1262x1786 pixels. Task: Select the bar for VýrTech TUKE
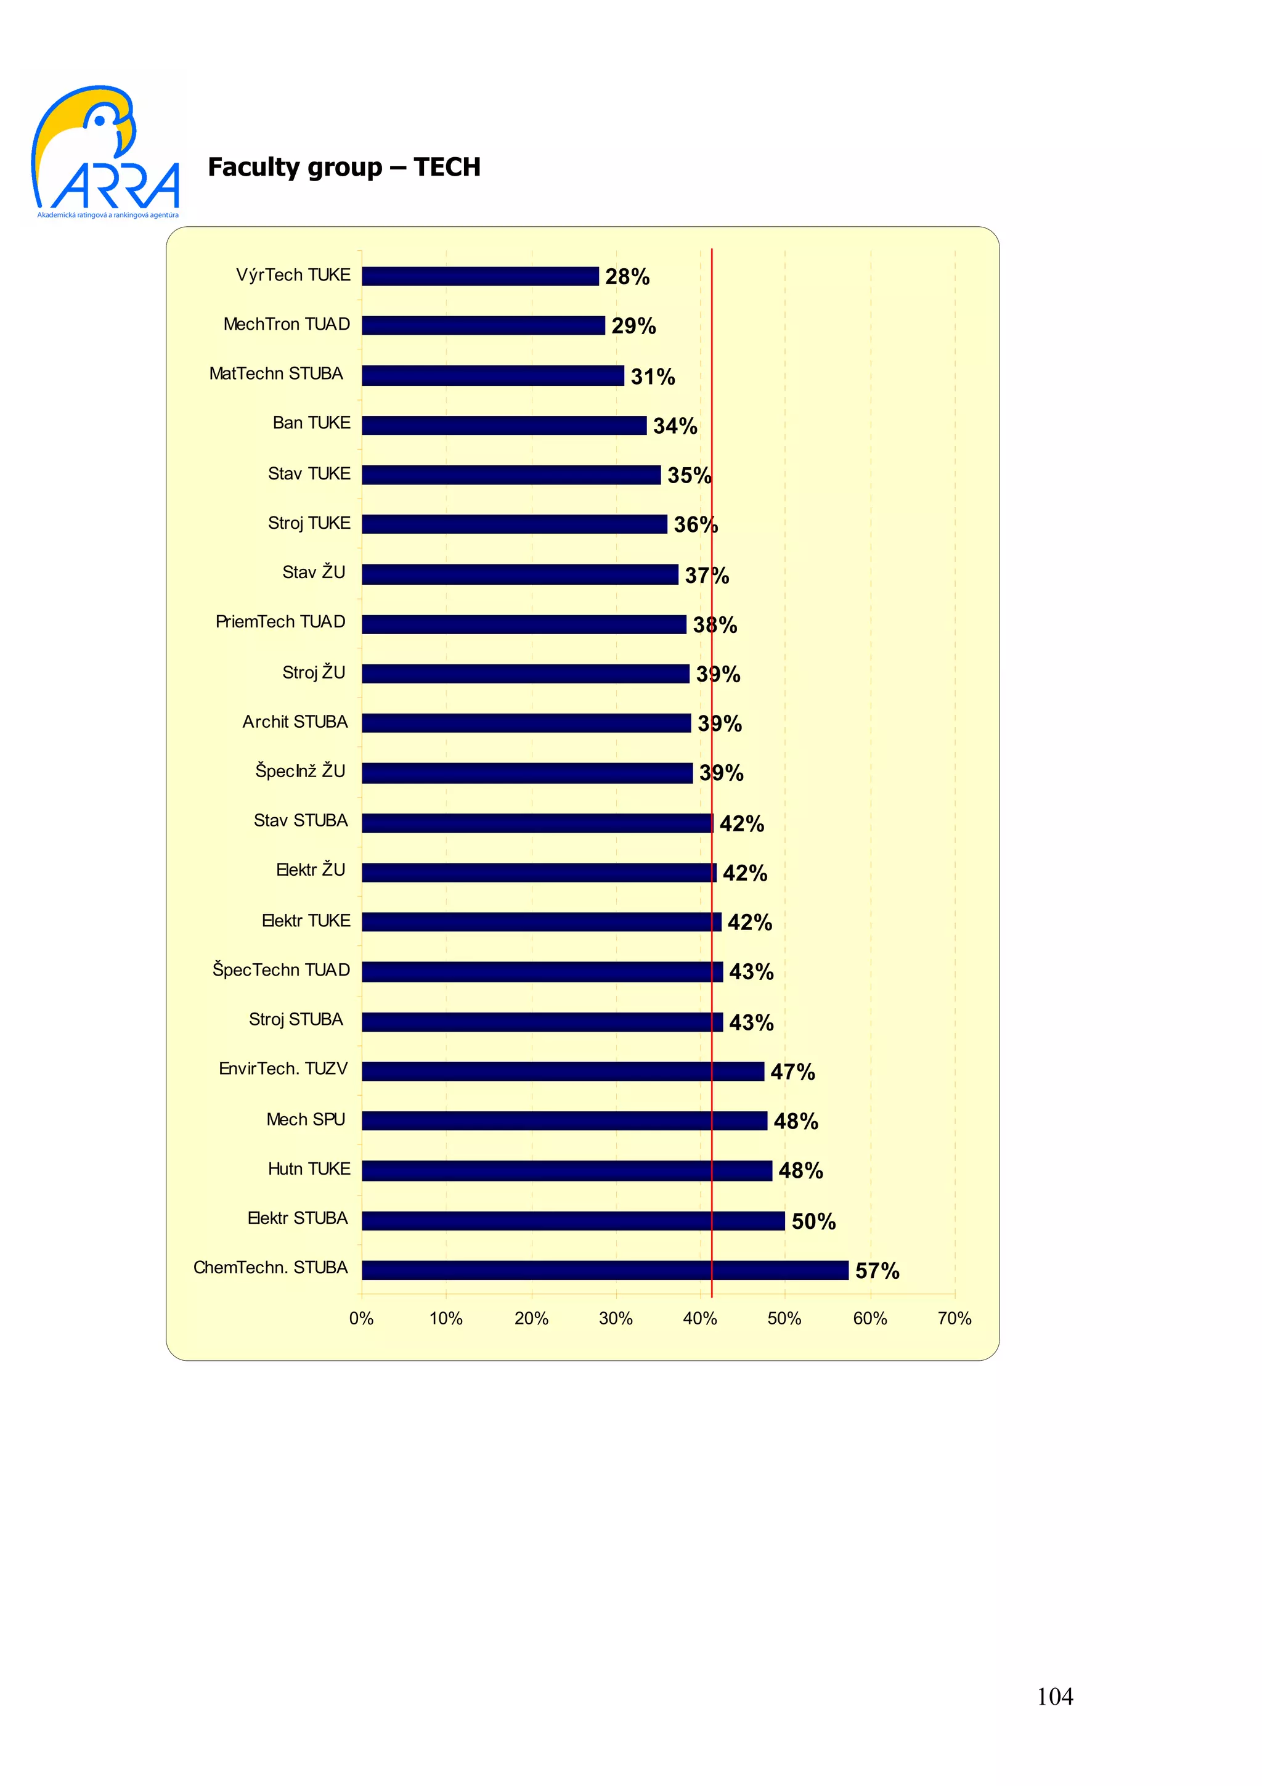(x=480, y=276)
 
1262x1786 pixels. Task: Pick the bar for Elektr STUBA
(x=572, y=1220)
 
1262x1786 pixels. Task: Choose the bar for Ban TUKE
(x=504, y=425)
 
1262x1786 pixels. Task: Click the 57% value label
(x=877, y=1271)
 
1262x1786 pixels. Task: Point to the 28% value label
(x=627, y=277)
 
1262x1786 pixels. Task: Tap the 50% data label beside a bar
(x=813, y=1221)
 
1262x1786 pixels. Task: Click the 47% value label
(x=792, y=1072)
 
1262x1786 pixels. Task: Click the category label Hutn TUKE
(x=309, y=1169)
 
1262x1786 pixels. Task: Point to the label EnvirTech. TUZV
(x=283, y=1069)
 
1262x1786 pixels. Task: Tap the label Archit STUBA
(x=295, y=722)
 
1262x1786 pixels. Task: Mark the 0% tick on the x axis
(x=362, y=1318)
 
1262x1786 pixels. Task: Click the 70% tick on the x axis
(x=954, y=1318)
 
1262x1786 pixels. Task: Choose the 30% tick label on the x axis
(x=616, y=1318)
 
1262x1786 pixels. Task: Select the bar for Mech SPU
(x=564, y=1121)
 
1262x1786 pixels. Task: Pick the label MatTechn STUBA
(x=276, y=374)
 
